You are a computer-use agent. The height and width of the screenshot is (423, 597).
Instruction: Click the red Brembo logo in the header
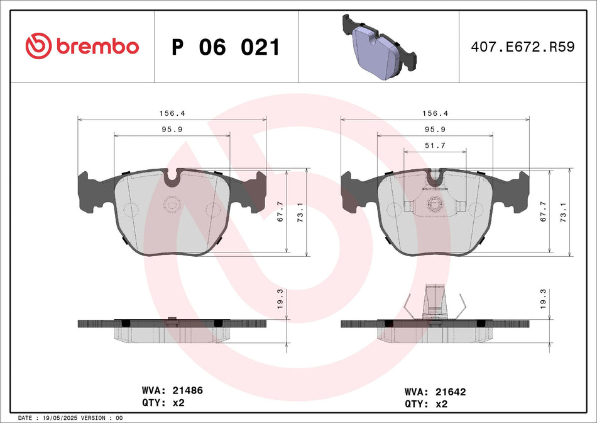pos(82,47)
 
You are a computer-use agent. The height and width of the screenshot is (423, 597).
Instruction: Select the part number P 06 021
pos(226,47)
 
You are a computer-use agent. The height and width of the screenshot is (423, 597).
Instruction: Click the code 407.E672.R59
pos(523,47)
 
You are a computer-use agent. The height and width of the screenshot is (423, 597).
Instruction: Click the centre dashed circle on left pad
pos(172,205)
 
